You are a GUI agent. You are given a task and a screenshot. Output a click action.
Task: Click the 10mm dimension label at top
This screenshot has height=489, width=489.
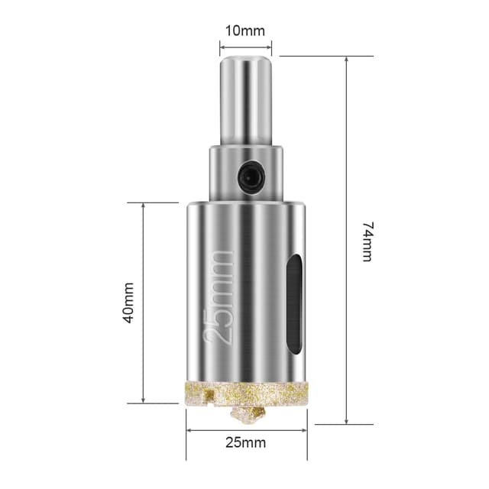pyautogui.click(x=245, y=31)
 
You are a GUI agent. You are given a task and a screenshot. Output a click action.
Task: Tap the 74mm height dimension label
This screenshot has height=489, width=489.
pyautogui.click(x=368, y=242)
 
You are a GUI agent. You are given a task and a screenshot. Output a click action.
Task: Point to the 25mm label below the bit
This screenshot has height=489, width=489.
pyautogui.click(x=246, y=442)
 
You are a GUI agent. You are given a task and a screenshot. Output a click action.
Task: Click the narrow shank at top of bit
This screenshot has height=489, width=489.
pyautogui.click(x=246, y=99)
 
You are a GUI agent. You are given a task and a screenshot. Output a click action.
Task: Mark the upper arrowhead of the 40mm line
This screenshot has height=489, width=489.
pyautogui.click(x=144, y=207)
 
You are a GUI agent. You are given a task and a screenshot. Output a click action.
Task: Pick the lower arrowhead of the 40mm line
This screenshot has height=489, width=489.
pyautogui.click(x=144, y=399)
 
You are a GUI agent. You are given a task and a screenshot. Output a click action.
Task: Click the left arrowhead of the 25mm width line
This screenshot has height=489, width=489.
pyautogui.click(x=190, y=429)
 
